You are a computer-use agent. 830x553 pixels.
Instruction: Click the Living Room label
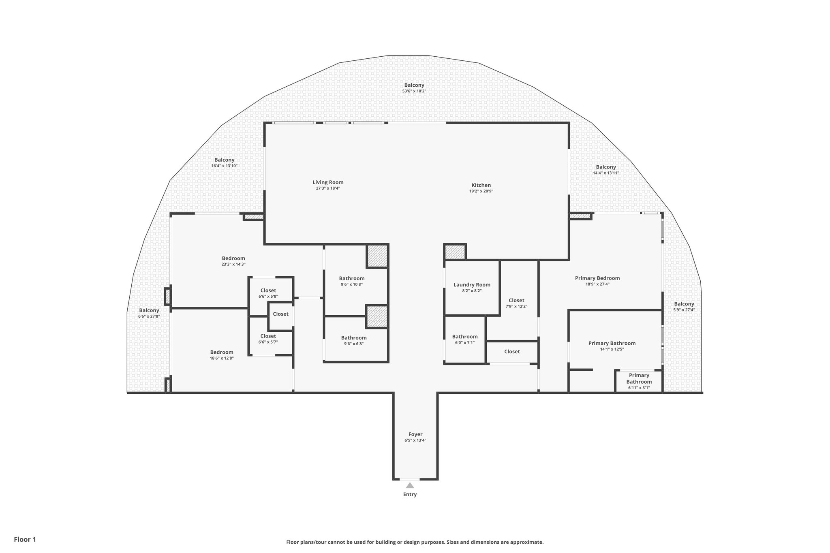coord(327,182)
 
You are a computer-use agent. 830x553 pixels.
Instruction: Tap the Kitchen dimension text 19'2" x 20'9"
coord(481,191)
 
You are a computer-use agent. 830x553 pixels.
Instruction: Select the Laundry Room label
coord(472,285)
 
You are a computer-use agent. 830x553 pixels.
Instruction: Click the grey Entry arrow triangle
coord(410,485)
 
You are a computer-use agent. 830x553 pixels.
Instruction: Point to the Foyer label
coord(415,434)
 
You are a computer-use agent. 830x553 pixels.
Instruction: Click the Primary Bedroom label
coord(597,278)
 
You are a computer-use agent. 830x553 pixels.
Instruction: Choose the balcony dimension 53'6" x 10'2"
coord(414,91)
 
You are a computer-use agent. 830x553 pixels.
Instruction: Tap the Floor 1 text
coord(25,539)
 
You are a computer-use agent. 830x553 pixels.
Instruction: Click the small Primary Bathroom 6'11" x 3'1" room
coord(639,381)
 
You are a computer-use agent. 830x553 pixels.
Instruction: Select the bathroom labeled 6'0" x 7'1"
coord(464,339)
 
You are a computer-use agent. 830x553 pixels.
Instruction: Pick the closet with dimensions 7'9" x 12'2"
coord(516,303)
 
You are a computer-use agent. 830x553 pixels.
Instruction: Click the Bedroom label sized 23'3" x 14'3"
coord(233,258)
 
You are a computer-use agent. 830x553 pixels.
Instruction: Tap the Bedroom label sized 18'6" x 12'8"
coord(222,352)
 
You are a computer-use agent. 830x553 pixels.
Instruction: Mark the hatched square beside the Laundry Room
coord(455,252)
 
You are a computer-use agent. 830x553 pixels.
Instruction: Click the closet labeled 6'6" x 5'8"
coord(268,293)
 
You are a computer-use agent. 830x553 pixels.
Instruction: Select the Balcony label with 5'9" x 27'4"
coord(684,304)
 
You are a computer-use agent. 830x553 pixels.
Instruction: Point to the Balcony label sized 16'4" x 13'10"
coord(224,160)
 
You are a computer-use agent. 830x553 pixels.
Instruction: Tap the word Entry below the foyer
coord(410,494)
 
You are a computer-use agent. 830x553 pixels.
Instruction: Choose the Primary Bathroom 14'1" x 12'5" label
coord(612,343)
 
